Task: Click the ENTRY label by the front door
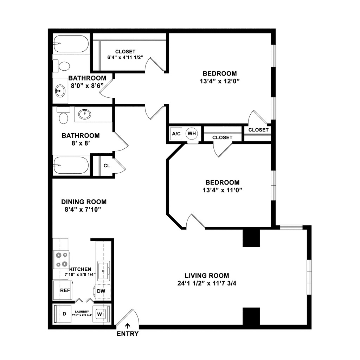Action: (x=128, y=334)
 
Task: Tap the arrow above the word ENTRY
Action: (x=128, y=326)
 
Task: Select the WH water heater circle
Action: (x=192, y=134)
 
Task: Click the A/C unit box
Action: (x=176, y=134)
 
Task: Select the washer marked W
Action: (x=100, y=313)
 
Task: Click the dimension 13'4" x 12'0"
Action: (x=220, y=81)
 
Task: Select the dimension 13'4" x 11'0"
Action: (x=222, y=190)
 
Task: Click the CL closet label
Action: (x=107, y=165)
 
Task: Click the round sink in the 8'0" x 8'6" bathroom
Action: (x=60, y=91)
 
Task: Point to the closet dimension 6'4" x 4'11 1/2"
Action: (x=125, y=58)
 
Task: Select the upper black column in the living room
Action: (x=251, y=238)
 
